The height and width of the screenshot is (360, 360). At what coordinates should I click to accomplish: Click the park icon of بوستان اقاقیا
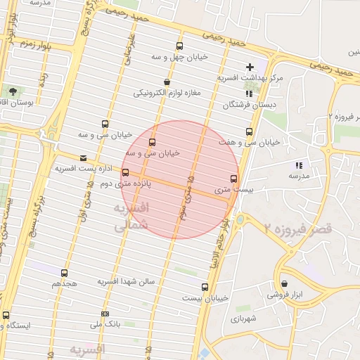[x=13, y=91]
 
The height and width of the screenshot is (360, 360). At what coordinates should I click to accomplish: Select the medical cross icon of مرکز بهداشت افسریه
[x=250, y=67]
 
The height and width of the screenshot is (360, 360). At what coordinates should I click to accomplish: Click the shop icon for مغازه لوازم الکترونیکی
[x=167, y=82]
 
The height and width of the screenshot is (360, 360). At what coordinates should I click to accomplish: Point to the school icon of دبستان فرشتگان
[x=249, y=94]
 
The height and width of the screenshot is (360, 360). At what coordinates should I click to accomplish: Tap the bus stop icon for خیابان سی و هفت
[x=249, y=131]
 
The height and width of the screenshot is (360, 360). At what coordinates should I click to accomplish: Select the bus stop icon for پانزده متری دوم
[x=125, y=172]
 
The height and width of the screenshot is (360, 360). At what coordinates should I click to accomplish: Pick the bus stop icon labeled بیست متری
[x=234, y=179]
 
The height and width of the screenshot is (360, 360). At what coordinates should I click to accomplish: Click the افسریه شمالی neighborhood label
[x=131, y=217]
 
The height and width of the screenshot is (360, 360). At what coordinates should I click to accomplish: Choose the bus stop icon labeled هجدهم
[x=64, y=273]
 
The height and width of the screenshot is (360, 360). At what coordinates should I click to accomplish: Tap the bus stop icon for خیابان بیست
[x=205, y=287]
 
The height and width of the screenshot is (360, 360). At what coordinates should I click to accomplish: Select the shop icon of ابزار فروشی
[x=283, y=284]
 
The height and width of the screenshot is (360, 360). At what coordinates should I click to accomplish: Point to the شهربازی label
[x=244, y=318]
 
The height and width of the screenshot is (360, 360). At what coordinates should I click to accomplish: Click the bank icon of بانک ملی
[x=105, y=314]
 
